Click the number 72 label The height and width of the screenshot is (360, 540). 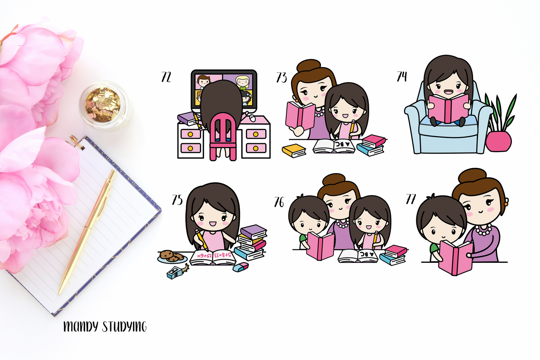[166, 77]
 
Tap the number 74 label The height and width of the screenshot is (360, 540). [402, 76]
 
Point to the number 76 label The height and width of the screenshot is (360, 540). [279, 202]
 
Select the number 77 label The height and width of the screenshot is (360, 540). [411, 199]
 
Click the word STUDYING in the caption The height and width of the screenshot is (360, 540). [124, 326]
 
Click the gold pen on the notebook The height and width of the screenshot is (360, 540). [87, 231]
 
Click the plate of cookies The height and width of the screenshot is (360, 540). [172, 256]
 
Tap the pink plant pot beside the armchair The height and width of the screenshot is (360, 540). [498, 141]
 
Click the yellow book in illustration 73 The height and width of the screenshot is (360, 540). [294, 150]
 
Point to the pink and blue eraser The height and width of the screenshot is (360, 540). [241, 267]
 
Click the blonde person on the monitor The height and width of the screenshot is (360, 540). [243, 82]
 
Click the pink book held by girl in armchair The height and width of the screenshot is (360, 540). [448, 108]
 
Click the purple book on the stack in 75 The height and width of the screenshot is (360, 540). [253, 232]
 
